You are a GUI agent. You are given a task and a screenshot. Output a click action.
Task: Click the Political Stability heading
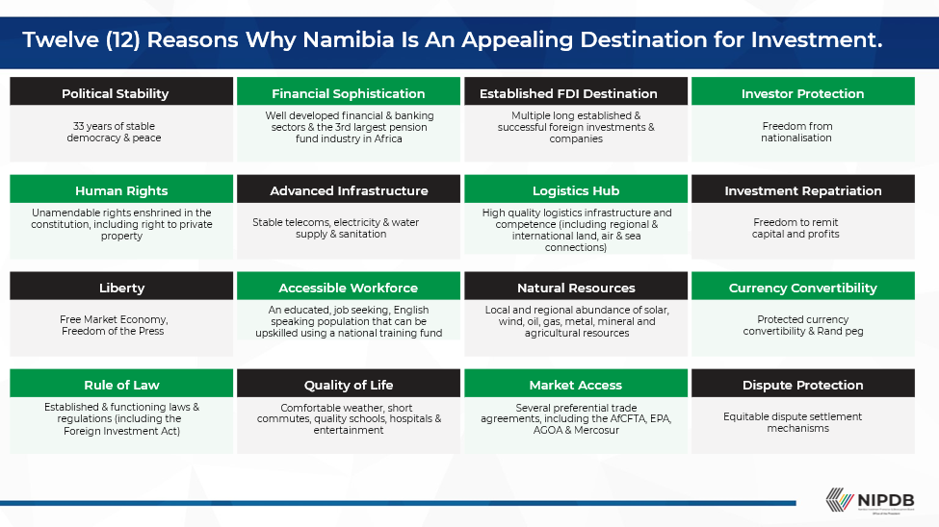tap(115, 93)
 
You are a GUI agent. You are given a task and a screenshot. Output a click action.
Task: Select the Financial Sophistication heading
tap(348, 93)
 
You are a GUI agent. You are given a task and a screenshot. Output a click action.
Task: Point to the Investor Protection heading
tap(802, 93)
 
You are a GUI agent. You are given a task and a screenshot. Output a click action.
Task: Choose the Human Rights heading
tap(121, 190)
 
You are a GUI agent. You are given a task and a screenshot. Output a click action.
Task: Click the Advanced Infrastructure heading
tap(349, 190)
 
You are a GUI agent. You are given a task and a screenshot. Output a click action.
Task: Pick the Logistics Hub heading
tap(576, 190)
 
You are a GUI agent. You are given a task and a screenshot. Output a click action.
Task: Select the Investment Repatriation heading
tap(802, 190)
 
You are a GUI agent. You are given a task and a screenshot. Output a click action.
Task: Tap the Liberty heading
tap(121, 288)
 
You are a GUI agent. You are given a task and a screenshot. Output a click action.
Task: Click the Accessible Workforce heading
tap(349, 288)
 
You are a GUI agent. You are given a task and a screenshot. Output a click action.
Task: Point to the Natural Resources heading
tap(576, 288)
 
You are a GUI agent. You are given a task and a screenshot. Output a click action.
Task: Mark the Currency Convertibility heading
tap(802, 288)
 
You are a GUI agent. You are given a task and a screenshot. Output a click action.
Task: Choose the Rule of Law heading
tap(121, 385)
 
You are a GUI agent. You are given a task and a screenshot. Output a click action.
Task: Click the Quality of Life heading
tap(349, 385)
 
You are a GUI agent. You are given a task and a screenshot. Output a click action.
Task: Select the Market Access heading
tap(576, 385)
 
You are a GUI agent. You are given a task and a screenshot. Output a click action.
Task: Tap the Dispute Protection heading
tap(802, 385)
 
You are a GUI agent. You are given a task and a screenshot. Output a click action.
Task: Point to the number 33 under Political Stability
tap(79, 126)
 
